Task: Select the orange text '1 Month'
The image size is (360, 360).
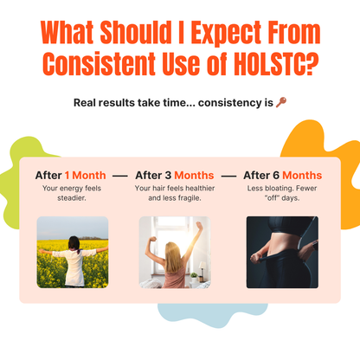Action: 85,175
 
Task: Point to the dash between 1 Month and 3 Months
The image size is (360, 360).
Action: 120,176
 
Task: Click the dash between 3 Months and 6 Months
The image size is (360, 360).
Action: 228,176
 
